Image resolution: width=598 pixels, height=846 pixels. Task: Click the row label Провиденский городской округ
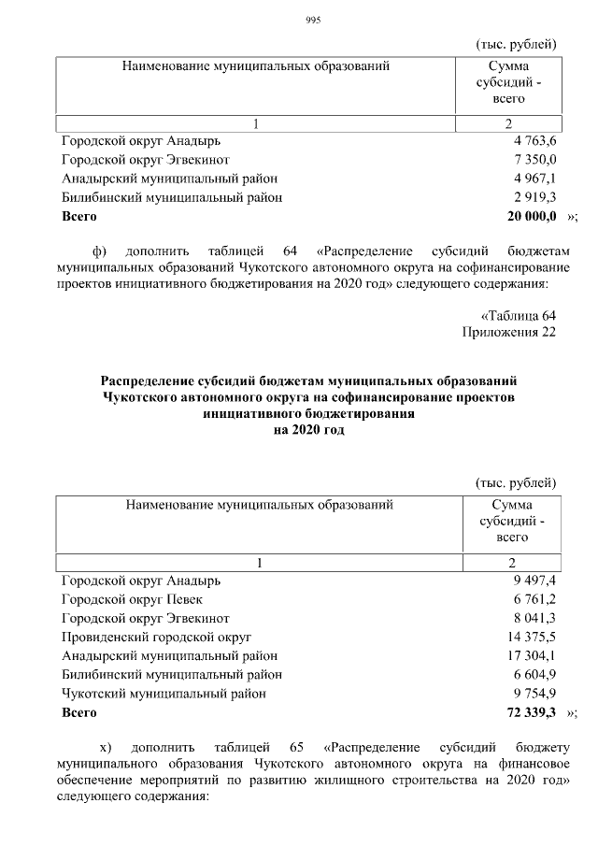tap(156, 637)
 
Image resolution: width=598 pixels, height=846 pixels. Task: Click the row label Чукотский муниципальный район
tap(164, 694)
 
